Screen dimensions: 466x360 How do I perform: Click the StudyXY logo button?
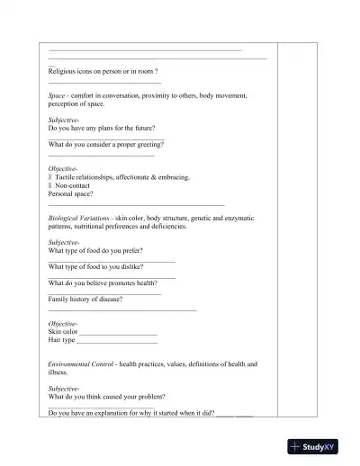(x=319, y=446)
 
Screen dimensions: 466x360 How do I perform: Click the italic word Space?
(x=57, y=94)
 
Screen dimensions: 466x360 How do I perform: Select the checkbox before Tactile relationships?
(x=50, y=177)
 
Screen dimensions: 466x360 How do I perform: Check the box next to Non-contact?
(x=50, y=185)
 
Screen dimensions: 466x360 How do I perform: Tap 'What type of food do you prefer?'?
(x=95, y=251)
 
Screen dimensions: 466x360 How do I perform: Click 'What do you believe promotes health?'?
(x=103, y=283)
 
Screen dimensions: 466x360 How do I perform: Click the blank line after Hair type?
(x=117, y=341)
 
